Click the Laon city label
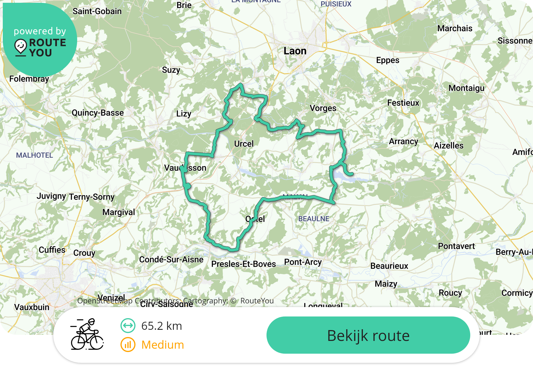(x=295, y=51)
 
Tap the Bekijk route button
(x=368, y=335)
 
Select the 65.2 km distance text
(x=162, y=326)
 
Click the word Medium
(x=163, y=345)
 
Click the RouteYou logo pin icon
(x=21, y=47)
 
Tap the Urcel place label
(x=244, y=144)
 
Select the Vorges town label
(x=323, y=108)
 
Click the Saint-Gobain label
(x=97, y=11)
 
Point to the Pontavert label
(x=456, y=246)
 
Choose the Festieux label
(x=403, y=103)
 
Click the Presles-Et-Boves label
(x=243, y=264)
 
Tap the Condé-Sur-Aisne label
(x=171, y=260)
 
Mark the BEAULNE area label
(x=314, y=219)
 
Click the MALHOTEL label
(x=34, y=155)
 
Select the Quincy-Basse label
(x=98, y=113)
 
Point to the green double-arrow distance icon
(x=128, y=326)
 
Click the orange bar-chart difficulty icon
(x=128, y=345)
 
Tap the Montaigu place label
(x=466, y=88)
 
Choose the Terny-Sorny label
(x=92, y=197)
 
